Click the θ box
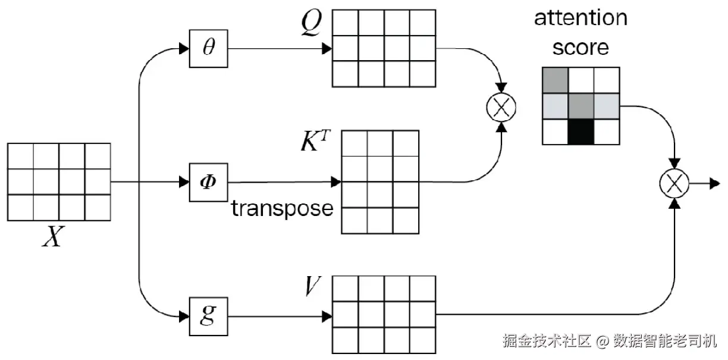point(208,49)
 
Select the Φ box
point(208,183)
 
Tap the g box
point(208,317)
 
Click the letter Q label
point(311,22)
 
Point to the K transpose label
point(315,140)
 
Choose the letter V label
point(313,286)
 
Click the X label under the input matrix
point(53,236)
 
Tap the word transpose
point(282,208)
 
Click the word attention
point(580,18)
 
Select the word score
point(580,48)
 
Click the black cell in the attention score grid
point(580,132)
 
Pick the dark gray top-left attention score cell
point(555,80)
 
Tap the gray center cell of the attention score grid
point(580,106)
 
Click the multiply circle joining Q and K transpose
point(501,107)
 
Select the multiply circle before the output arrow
point(674,183)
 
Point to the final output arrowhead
point(715,183)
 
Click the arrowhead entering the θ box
point(184,49)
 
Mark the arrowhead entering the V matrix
point(327,317)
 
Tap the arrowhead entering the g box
point(184,317)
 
